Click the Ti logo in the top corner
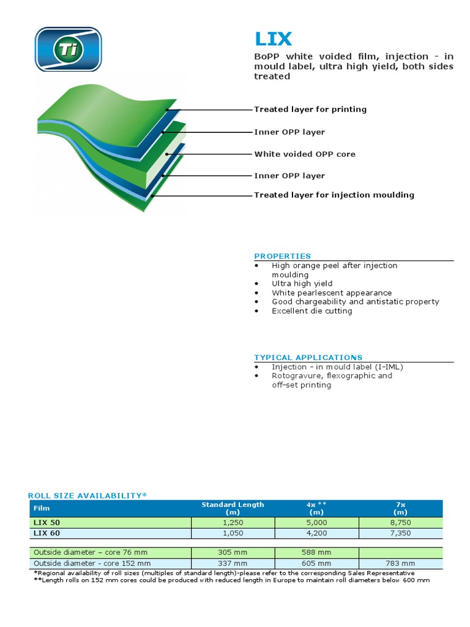click(x=68, y=49)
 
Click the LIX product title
click(x=274, y=39)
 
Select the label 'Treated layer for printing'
click(x=310, y=110)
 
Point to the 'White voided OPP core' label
click(x=305, y=154)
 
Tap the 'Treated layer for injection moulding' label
click(x=334, y=195)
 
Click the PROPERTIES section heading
click(x=283, y=256)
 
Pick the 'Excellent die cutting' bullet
click(x=312, y=311)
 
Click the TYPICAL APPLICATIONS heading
click(x=308, y=358)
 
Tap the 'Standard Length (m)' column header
click(x=233, y=508)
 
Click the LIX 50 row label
click(x=47, y=523)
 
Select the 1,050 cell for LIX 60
click(x=233, y=533)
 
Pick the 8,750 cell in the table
click(x=400, y=523)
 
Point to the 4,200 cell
click(x=316, y=533)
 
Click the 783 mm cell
click(x=400, y=563)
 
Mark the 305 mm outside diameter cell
click(x=233, y=552)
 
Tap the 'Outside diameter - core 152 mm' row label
click(x=92, y=563)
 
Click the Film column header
click(x=42, y=508)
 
